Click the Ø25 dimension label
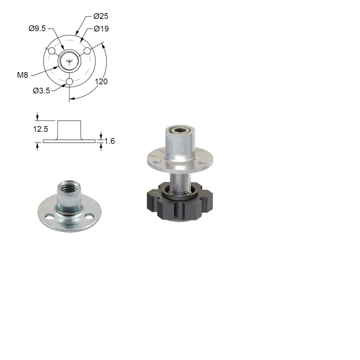click(101, 16)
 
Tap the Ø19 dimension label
click(101, 29)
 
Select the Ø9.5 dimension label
click(37, 28)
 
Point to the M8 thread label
click(22, 75)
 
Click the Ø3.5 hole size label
click(41, 91)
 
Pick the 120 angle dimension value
click(101, 81)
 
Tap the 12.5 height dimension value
click(40, 129)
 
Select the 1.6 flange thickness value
click(109, 141)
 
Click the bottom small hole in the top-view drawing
click(69, 81)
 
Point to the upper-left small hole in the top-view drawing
click(52, 51)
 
